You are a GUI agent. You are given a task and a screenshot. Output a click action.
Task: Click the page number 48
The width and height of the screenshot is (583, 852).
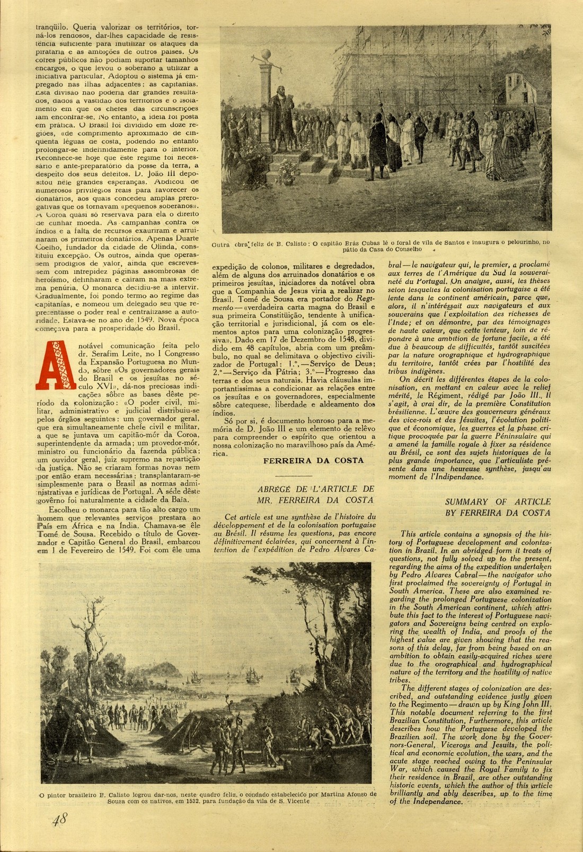(x=59, y=820)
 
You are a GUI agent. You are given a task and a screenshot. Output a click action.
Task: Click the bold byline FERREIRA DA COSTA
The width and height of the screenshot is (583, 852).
(x=314, y=460)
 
